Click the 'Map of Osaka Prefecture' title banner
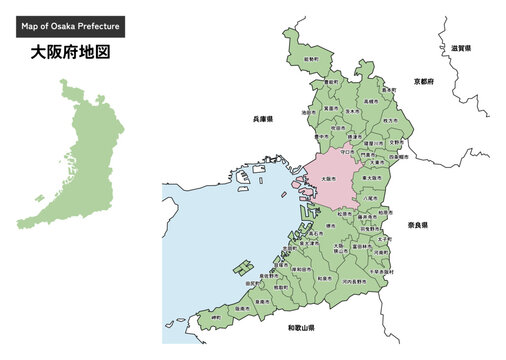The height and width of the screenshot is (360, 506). tap(77, 26)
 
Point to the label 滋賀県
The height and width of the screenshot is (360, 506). tap(461, 47)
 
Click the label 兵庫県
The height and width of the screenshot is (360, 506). tap(264, 119)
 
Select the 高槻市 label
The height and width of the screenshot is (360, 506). tap(370, 101)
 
